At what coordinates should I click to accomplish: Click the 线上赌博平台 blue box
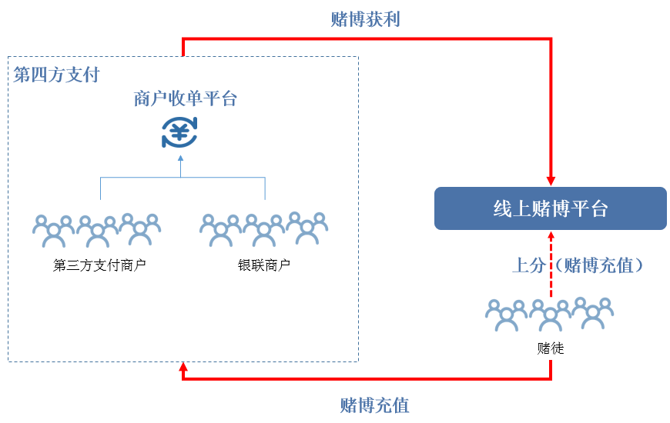[x=550, y=208]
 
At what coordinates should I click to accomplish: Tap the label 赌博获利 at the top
[x=365, y=20]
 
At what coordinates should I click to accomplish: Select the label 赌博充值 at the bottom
[x=374, y=405]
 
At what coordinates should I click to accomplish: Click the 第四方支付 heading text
[x=56, y=75]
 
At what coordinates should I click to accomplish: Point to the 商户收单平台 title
[x=186, y=99]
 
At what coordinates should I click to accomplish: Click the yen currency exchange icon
[x=180, y=132]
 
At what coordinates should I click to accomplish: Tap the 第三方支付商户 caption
[x=99, y=266]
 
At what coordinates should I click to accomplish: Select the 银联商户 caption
[x=264, y=266]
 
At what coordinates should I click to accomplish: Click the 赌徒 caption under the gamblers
[x=551, y=348]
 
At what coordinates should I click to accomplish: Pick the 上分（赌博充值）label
[x=578, y=266]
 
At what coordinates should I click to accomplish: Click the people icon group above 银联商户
[x=264, y=229]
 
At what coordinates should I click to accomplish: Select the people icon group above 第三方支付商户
[x=97, y=229]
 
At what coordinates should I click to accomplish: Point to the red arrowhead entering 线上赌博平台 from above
[x=551, y=180]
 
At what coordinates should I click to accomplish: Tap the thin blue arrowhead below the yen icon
[x=180, y=159]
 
